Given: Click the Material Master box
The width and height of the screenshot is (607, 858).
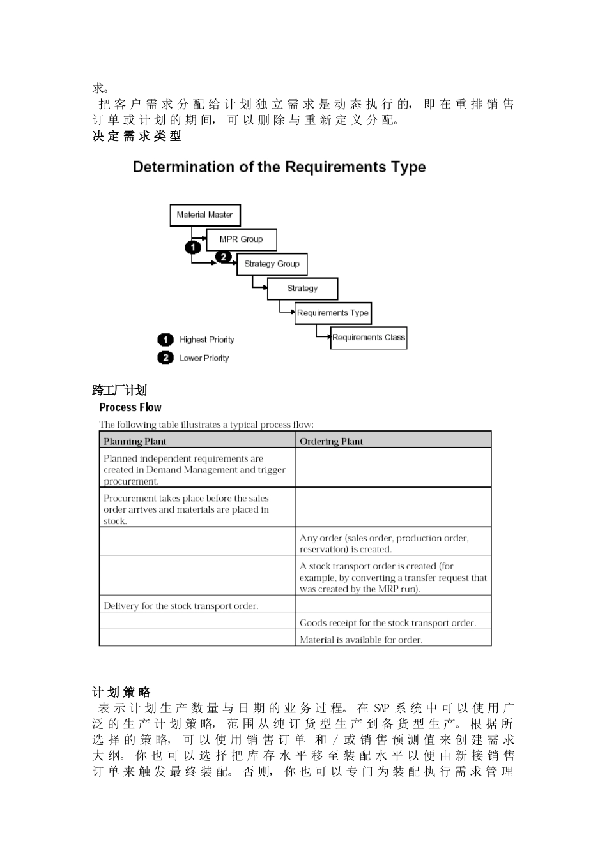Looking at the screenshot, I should (x=204, y=215).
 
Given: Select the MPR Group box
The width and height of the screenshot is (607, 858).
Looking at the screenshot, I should (x=241, y=239).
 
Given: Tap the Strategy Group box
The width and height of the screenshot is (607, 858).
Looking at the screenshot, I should (x=272, y=264).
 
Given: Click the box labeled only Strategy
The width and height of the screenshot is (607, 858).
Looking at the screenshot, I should (x=302, y=289).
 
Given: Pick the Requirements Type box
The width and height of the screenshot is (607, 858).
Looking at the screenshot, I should (x=332, y=313).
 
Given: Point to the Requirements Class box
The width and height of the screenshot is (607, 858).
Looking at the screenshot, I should (x=369, y=338).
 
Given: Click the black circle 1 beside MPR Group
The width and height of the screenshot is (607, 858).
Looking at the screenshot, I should (x=193, y=246).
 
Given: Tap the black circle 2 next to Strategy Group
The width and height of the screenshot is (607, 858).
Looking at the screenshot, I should (x=224, y=257).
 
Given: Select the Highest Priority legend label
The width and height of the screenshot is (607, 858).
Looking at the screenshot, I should (x=206, y=340).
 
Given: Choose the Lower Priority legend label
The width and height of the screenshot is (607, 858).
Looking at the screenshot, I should (x=204, y=358).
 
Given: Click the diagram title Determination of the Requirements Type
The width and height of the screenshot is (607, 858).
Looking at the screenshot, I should (x=279, y=167).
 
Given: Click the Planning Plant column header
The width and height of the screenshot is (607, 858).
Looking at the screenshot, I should (x=135, y=441).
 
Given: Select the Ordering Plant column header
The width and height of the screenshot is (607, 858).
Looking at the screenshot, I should (x=331, y=441).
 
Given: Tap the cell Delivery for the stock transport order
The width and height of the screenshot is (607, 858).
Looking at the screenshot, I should (x=181, y=606).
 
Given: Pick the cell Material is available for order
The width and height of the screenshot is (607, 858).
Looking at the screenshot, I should (x=361, y=640).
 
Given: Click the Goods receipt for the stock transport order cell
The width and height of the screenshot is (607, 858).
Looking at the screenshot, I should (x=387, y=623).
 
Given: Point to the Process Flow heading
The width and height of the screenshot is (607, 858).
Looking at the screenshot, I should (x=130, y=407).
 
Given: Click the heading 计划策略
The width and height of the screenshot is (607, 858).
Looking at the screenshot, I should (x=121, y=693).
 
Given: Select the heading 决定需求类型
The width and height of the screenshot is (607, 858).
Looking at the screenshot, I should (x=137, y=136).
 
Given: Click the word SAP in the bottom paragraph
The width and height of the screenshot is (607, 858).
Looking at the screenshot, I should (x=381, y=709).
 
